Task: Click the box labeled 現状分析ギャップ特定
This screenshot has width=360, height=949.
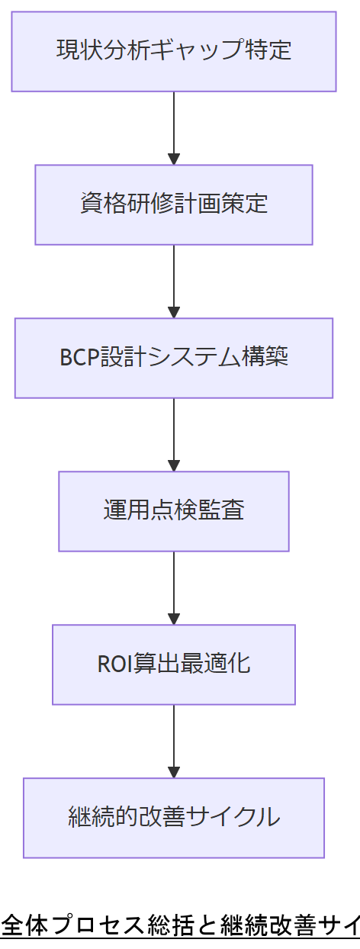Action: tap(174, 51)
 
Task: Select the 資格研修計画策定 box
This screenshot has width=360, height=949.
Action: tap(174, 204)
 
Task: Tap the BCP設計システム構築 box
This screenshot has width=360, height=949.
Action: tap(174, 358)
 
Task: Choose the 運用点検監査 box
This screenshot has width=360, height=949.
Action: tap(174, 511)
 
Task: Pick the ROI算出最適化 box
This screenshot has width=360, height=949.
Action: tap(174, 664)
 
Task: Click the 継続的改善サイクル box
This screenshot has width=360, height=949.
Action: tap(174, 818)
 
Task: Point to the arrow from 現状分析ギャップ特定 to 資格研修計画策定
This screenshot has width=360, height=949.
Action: tap(174, 126)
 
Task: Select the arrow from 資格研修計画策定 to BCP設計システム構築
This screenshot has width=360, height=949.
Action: tap(174, 279)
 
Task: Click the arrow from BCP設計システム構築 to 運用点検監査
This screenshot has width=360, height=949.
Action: tap(174, 433)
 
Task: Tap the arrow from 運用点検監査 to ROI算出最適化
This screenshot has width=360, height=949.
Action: tap(174, 586)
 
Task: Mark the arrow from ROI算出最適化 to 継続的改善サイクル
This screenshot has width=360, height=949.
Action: tap(174, 739)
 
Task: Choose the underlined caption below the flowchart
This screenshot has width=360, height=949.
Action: tap(180, 926)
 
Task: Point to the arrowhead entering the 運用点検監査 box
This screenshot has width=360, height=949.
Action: tap(174, 465)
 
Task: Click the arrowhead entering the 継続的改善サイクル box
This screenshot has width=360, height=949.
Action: tap(174, 772)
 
